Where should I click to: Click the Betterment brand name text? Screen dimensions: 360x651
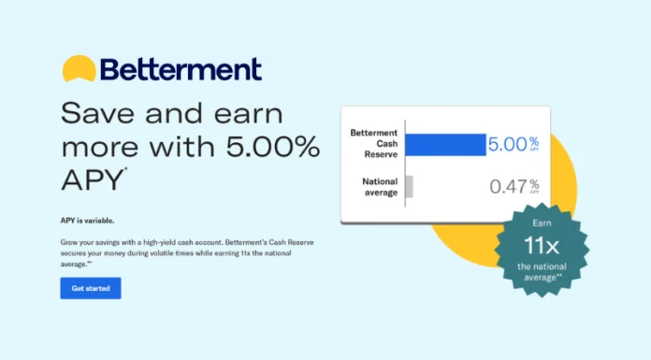(180, 69)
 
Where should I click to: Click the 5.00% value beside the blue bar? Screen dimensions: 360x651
(509, 145)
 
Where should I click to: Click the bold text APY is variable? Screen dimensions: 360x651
(87, 221)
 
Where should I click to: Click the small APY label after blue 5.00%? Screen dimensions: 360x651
(534, 150)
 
